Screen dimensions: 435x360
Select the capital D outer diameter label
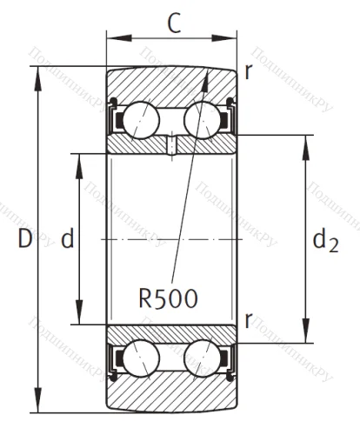24,238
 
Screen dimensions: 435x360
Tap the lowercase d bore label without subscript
67,240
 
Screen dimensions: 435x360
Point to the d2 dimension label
325,238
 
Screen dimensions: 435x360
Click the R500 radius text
168,298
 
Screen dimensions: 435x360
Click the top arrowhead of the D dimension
38,71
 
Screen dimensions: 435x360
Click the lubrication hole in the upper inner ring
173,144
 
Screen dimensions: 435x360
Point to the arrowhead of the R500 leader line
209,74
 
